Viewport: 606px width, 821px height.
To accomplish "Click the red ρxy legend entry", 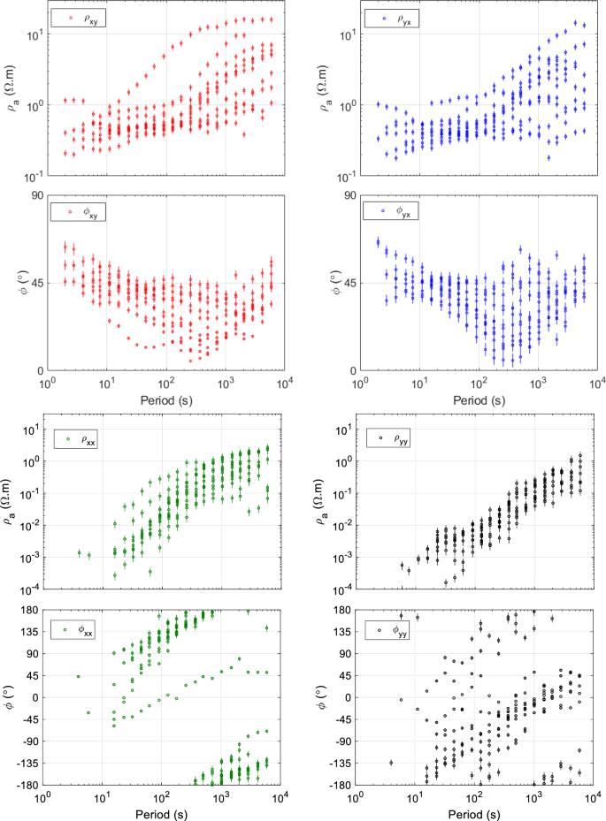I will point(81,17).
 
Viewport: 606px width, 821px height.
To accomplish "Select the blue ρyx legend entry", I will point(392,17).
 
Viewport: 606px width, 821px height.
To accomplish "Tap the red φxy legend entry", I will point(81,212).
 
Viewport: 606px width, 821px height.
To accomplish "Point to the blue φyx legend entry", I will point(392,212).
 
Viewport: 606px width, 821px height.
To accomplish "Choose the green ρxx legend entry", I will point(81,437).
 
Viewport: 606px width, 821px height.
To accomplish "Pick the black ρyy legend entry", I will point(391,437).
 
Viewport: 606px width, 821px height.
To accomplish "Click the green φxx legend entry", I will point(81,630).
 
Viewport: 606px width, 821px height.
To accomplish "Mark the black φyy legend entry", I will point(391,630).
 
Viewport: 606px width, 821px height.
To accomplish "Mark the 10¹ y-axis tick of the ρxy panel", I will point(31,34).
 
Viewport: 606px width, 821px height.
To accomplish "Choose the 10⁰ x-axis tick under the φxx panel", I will point(42,800).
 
